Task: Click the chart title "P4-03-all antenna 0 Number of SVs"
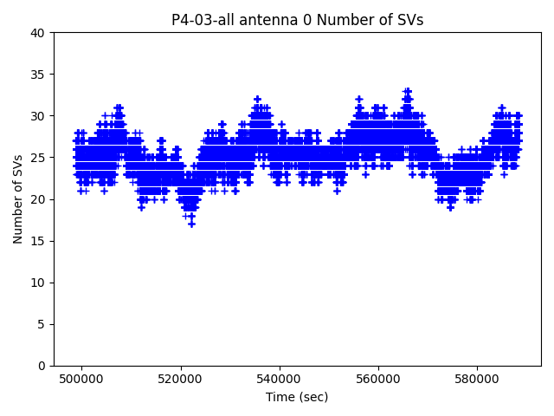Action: coord(297,20)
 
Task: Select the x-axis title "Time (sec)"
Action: coord(297,397)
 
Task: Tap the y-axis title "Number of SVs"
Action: coord(18,199)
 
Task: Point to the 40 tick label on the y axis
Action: coord(38,33)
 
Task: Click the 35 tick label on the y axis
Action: coord(38,75)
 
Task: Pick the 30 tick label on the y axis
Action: coord(38,116)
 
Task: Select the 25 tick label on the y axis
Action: coord(38,158)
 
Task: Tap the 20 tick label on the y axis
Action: coord(38,199)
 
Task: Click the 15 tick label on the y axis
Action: coord(38,241)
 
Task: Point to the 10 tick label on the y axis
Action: coord(38,283)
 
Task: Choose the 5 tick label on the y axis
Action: coord(42,324)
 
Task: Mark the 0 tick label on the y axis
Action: coord(42,366)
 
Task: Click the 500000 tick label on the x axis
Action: coord(81,379)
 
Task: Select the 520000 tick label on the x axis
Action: coord(181,379)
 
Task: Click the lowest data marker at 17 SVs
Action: coord(191,224)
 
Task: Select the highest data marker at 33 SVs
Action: coord(407,91)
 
